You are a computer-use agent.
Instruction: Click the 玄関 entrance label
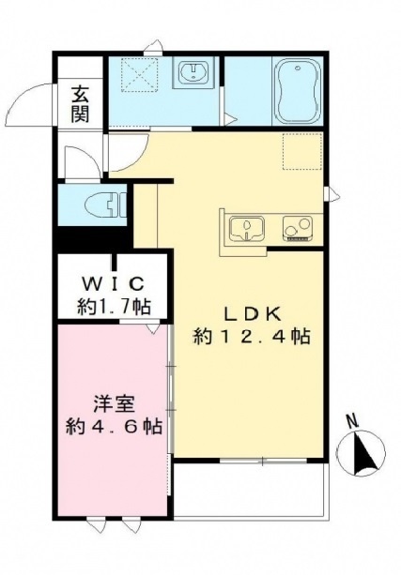81,104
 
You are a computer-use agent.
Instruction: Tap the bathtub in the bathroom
298,91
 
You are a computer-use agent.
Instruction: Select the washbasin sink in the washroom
193,71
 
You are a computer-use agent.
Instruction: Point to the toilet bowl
104,204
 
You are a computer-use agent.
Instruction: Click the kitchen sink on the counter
247,229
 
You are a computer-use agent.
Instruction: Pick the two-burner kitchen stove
298,228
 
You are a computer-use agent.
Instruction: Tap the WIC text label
113,283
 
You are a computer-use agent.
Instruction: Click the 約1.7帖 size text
114,306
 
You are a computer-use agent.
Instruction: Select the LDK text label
253,315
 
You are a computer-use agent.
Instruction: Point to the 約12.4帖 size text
252,336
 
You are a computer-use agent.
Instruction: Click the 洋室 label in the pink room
114,404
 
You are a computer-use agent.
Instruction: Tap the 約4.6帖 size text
114,427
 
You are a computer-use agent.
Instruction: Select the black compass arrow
362,453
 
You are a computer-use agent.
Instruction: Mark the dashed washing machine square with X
140,75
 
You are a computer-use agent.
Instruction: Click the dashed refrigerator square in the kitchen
302,152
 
